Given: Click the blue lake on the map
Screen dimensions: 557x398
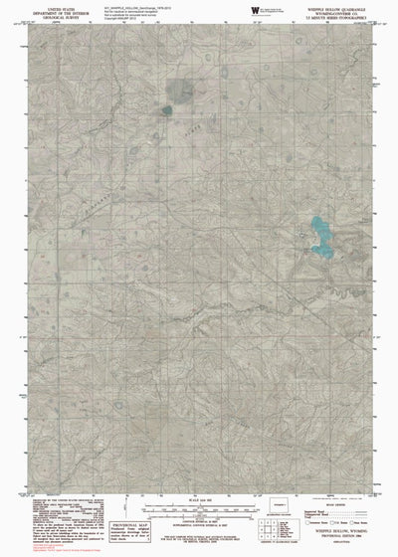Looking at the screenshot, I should coord(320,235).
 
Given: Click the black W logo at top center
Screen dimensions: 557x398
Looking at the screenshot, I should coord(255,9).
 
